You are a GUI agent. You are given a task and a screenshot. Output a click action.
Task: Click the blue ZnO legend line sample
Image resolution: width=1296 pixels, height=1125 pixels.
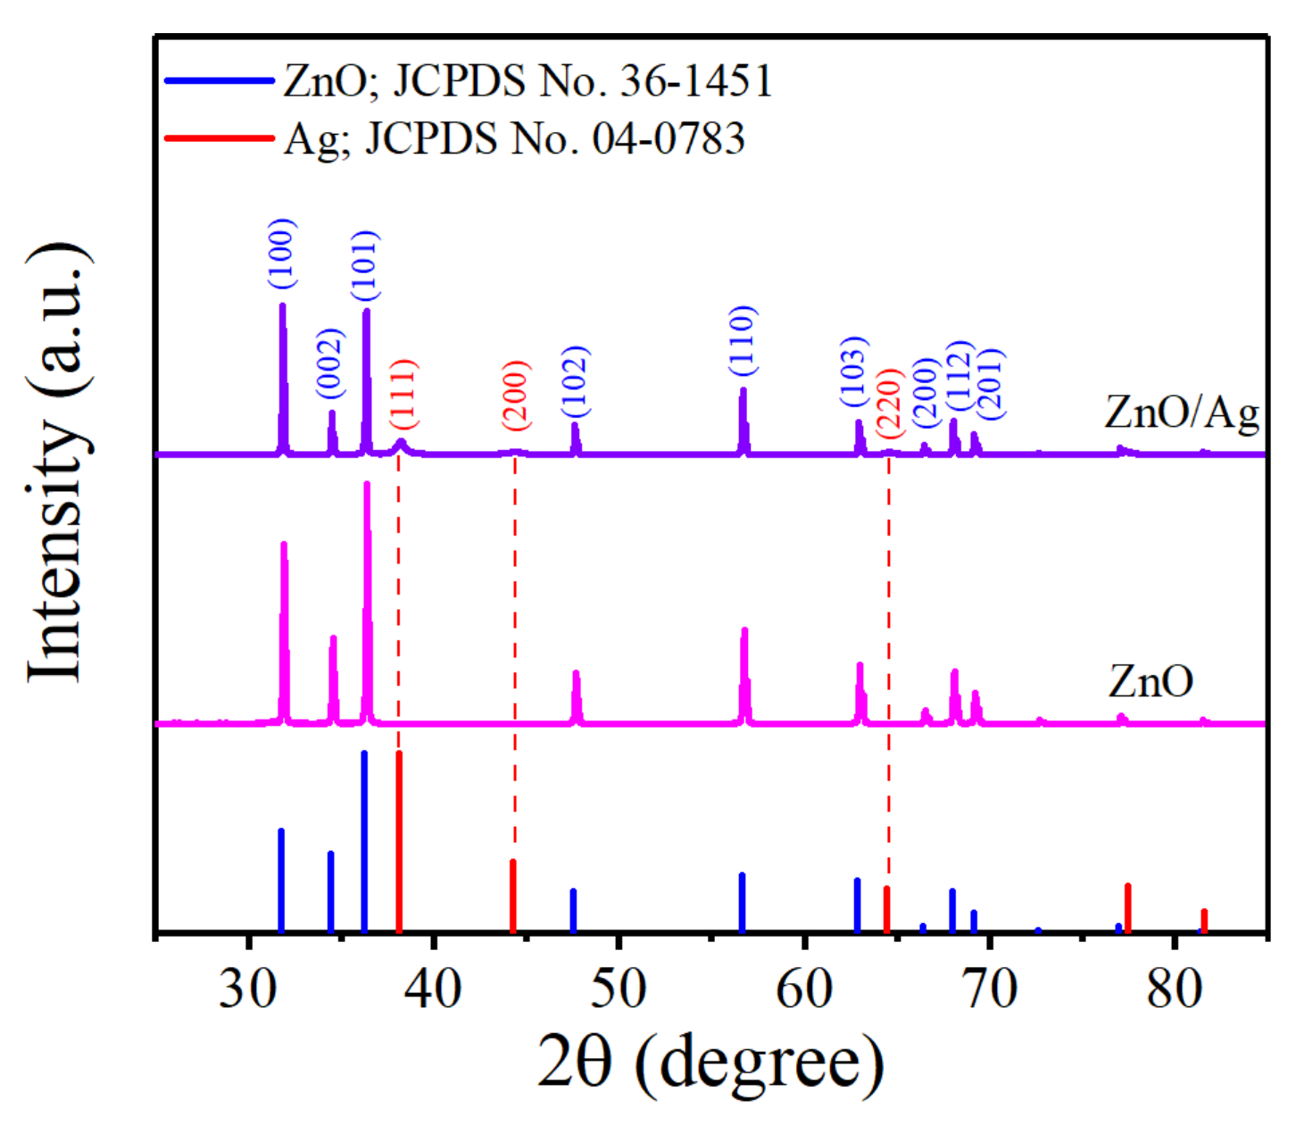coord(220,80)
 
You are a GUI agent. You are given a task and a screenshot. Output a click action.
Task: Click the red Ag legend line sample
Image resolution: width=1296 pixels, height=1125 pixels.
coord(220,138)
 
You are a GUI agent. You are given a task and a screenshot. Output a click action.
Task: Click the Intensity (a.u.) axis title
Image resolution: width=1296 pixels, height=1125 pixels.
coord(59,464)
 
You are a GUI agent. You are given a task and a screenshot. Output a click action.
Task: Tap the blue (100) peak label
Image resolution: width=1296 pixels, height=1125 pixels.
coord(282,254)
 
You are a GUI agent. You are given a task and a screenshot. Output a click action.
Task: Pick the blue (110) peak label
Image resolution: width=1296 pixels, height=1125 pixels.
coord(743,340)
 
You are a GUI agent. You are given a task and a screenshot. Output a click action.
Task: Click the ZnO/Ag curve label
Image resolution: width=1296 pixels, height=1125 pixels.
coord(1181,412)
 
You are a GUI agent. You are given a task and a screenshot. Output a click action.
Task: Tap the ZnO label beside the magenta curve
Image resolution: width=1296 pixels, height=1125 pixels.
coord(1151,681)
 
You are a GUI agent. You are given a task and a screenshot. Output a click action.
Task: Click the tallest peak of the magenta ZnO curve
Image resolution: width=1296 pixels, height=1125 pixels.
coord(367,487)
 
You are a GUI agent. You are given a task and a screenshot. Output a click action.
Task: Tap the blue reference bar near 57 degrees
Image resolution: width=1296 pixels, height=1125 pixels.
coord(742,903)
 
